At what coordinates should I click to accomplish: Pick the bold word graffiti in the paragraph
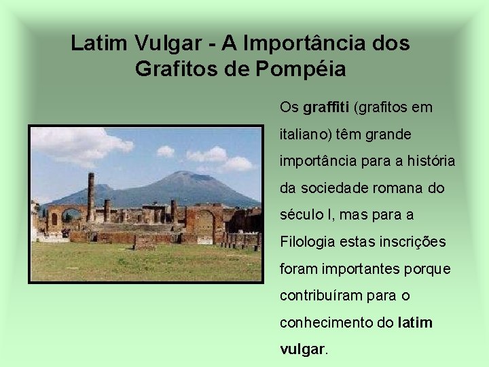click(326, 107)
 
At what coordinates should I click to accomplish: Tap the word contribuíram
click(317, 296)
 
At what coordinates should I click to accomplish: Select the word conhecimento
click(326, 323)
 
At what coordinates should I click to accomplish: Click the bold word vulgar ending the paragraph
click(303, 349)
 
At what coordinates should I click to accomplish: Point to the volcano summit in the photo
click(182, 176)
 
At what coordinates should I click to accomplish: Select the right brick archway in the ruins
click(204, 221)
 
